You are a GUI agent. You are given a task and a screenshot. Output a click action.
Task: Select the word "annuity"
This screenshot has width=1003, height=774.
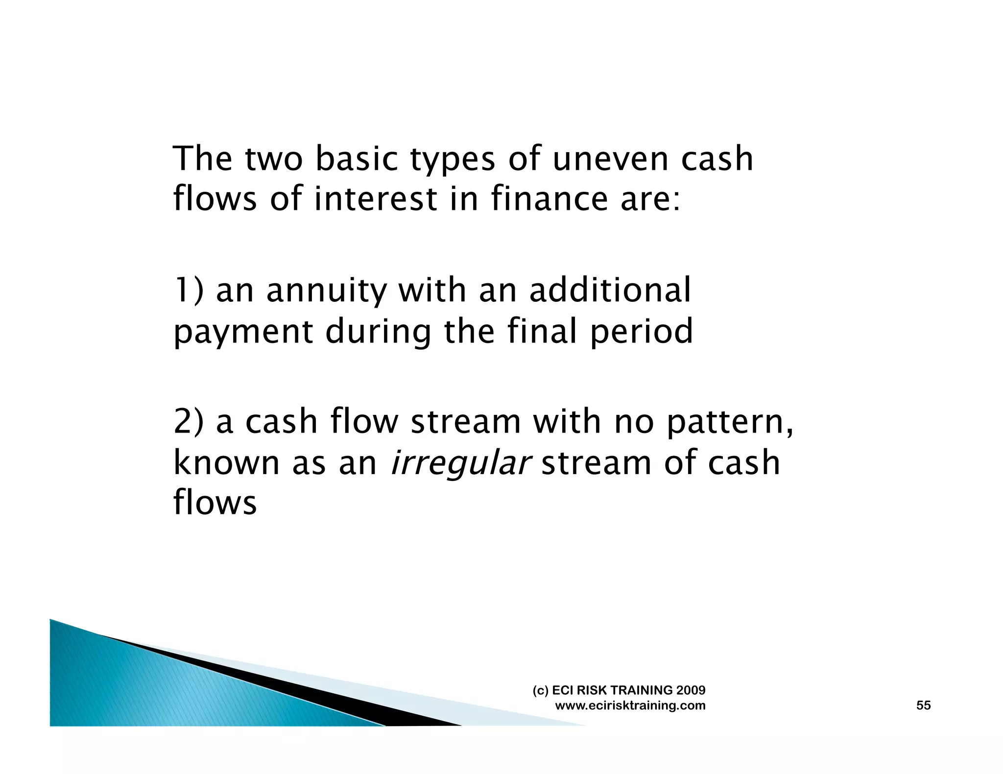[326, 291]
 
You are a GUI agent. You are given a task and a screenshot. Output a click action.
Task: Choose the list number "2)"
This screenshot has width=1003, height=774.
[189, 422]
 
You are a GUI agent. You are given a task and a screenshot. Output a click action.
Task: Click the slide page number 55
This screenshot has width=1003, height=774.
[923, 705]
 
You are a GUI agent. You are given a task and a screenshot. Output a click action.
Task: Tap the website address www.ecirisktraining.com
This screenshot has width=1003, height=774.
[630, 706]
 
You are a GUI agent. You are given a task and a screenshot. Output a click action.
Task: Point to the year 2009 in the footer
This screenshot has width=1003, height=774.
[691, 690]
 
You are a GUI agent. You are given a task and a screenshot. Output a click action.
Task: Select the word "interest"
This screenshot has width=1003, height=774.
[376, 199]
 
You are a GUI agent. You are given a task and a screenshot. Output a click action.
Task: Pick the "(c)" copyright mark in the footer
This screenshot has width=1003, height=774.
[540, 690]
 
